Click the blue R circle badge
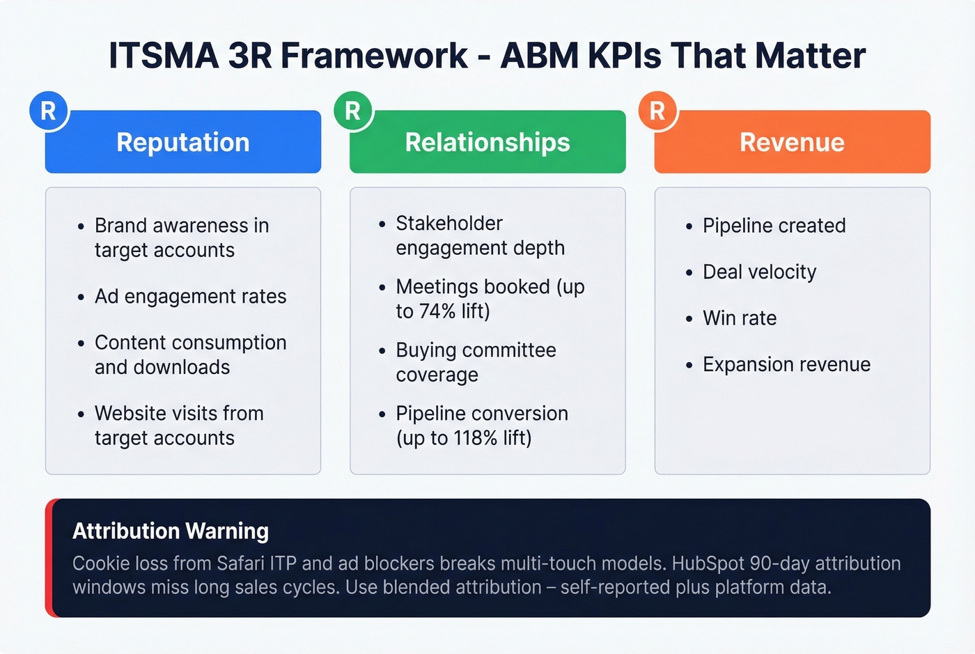(x=48, y=111)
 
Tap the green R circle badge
(x=353, y=111)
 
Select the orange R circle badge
(x=657, y=111)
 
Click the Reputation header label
(x=183, y=142)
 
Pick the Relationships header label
(x=487, y=142)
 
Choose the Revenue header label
(x=792, y=142)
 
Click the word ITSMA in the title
(x=164, y=56)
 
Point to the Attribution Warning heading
(x=171, y=531)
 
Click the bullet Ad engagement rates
(x=190, y=297)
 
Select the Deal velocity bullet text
(x=759, y=272)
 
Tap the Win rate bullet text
(x=740, y=318)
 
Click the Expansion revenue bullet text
(x=786, y=364)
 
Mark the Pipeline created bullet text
(x=774, y=226)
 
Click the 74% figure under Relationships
(x=436, y=311)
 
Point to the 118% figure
(x=476, y=438)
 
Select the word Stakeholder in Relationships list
(x=449, y=224)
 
